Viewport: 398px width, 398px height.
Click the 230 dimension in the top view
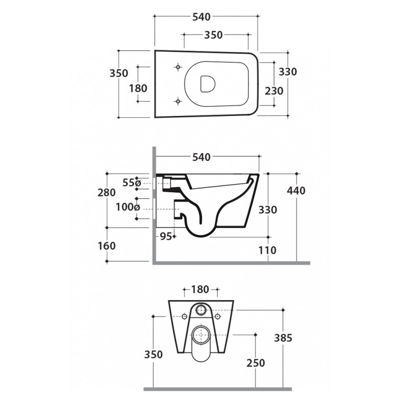(274, 91)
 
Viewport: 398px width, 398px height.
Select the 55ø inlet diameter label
(131, 183)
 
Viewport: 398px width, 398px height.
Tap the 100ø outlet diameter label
(128, 207)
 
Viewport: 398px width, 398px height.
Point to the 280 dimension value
(106, 193)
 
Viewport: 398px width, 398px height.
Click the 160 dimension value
(106, 246)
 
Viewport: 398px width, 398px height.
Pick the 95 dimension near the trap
(166, 237)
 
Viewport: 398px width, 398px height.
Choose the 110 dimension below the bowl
(268, 250)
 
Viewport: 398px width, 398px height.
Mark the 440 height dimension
(296, 191)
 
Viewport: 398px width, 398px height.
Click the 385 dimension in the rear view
(283, 338)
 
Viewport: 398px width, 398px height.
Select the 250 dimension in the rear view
(256, 363)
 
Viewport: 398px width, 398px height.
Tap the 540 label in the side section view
(201, 157)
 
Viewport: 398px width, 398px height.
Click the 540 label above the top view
(201, 17)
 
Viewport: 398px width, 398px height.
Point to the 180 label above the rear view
(200, 289)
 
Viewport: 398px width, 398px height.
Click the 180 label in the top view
(138, 89)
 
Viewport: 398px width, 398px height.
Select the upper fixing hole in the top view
(178, 67)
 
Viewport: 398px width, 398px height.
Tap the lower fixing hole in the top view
(178, 101)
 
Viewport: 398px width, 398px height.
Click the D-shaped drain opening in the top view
(207, 84)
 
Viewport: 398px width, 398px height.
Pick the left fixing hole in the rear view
(185, 316)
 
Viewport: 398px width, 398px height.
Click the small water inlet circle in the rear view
(201, 309)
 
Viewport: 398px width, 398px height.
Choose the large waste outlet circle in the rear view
(201, 335)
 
